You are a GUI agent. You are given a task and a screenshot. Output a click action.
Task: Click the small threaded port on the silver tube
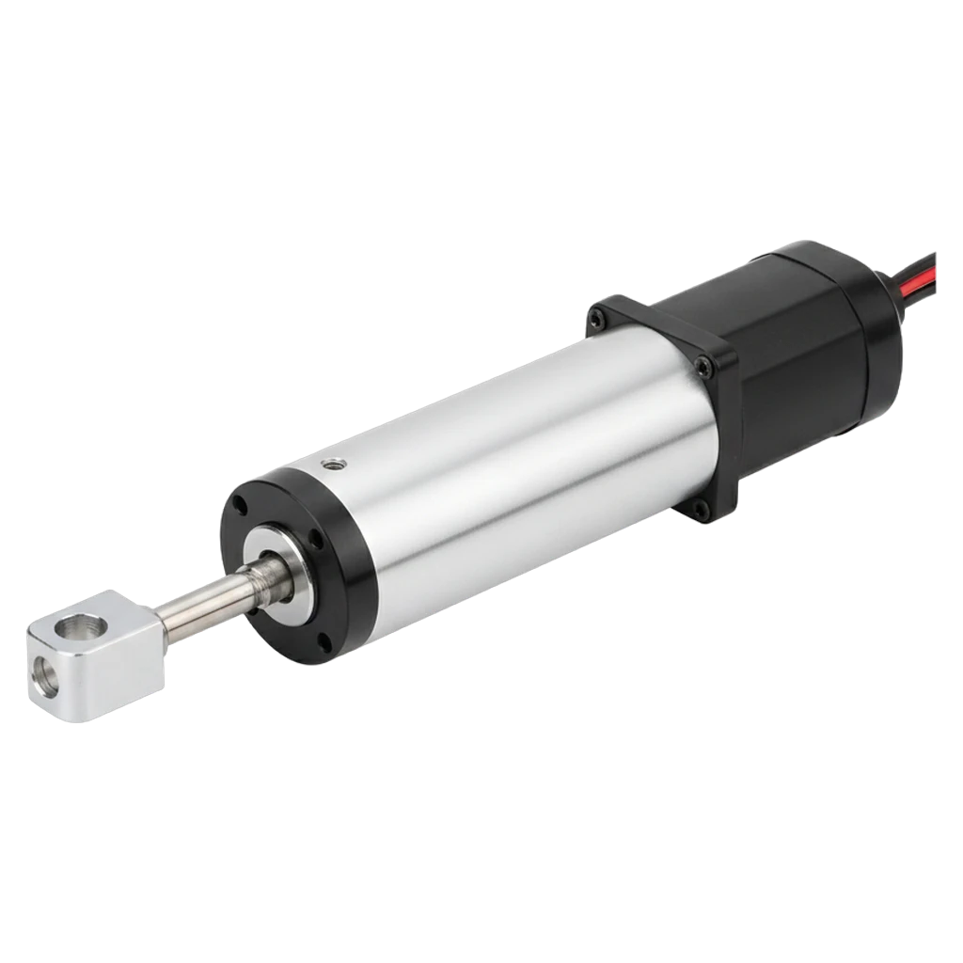(x=331, y=464)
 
